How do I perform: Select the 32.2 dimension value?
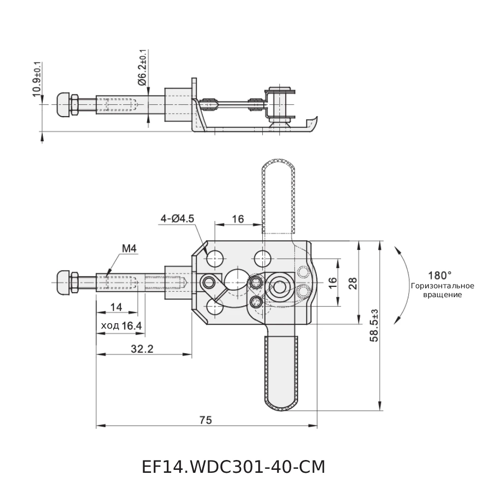point(143,349)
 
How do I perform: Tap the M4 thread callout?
point(129,248)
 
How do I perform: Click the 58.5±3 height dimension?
point(374,326)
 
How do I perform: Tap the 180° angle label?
point(440,275)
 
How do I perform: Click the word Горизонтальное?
point(442,286)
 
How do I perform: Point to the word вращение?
point(442,295)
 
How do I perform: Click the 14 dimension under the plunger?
point(116,307)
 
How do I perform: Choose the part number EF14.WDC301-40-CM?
point(233,466)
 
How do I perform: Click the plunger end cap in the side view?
point(64,104)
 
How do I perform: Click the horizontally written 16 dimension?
point(238,219)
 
